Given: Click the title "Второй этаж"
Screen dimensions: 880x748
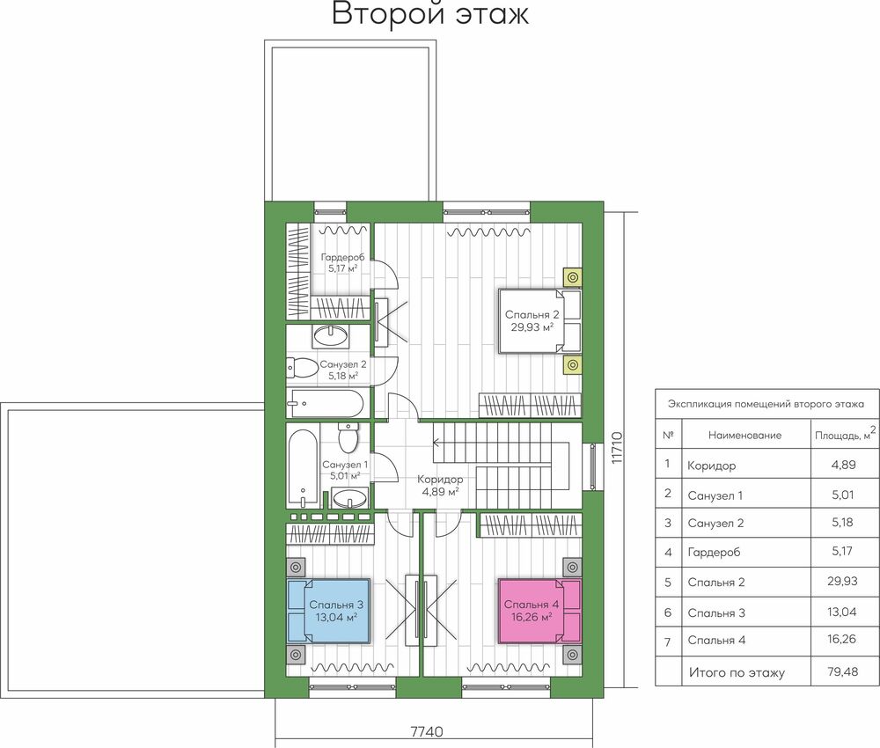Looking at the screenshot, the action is pos(430,13).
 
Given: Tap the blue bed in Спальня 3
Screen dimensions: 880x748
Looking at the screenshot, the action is pos(329,611).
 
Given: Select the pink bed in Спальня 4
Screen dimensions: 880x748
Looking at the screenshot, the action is pos(539,611).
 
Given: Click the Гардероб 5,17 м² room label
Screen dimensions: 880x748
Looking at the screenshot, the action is pos(342,262).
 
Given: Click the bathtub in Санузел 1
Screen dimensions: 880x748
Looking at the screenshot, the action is pos(303,468).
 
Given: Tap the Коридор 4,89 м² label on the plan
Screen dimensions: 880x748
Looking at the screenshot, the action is pos(440,486).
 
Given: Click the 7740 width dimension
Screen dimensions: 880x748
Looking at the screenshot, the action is pos(427,732).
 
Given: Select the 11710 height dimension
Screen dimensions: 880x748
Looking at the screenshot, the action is pos(617,447).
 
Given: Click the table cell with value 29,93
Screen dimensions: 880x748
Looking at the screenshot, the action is pos(842,581).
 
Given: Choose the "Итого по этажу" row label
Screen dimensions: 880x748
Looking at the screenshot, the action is pos(737,672).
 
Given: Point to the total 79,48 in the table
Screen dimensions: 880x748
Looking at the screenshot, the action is pos(842,671).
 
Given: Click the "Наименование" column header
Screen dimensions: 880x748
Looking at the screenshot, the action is pos(744,436).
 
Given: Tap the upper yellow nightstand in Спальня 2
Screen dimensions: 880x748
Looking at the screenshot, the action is pos(573,277).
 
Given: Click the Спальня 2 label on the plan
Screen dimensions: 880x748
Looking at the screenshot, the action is pos(532,320).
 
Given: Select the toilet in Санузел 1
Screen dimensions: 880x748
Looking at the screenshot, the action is pos(348,438).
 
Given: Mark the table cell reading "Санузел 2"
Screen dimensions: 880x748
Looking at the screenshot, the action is pos(715,524).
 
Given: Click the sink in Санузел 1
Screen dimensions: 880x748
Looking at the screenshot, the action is pos(349,498).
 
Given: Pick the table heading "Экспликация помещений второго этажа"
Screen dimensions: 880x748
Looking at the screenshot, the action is pos(766,404).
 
